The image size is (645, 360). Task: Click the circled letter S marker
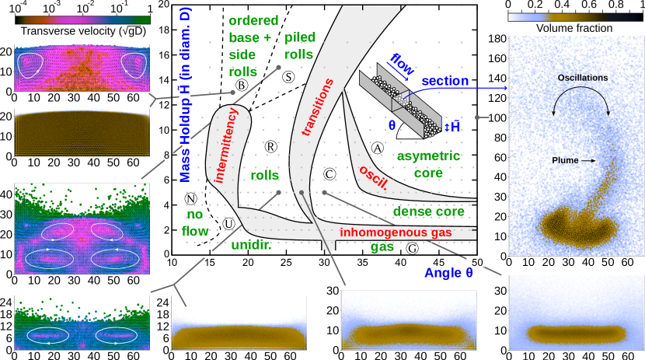pos(288,77)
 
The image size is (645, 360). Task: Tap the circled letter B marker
pos(242,85)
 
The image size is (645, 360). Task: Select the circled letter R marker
pos(270,146)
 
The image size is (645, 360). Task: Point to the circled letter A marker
pos(378,148)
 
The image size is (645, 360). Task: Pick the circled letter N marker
pos(191,198)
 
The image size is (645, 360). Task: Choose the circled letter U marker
pos(228,224)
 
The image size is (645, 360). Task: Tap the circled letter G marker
pos(413,249)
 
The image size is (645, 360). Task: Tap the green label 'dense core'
pos(428,211)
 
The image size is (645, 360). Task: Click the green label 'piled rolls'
pos(300,46)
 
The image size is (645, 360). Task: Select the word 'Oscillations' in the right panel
pos(583,78)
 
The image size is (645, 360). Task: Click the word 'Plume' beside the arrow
pos(565,160)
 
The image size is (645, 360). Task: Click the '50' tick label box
pos(477,262)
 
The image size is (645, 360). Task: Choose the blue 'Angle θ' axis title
pos(448,273)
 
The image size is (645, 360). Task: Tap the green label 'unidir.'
pos(251,246)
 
